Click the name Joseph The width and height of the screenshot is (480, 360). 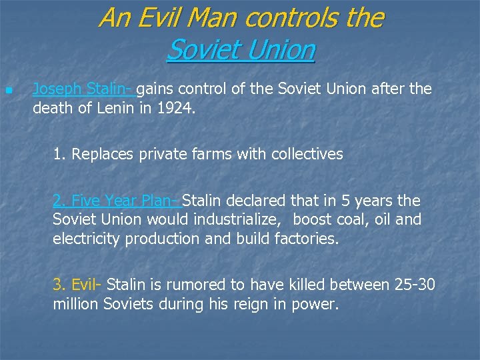point(55,89)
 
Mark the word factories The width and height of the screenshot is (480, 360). point(307,239)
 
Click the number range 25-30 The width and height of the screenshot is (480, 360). point(414,285)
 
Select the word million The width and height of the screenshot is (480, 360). point(77,305)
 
